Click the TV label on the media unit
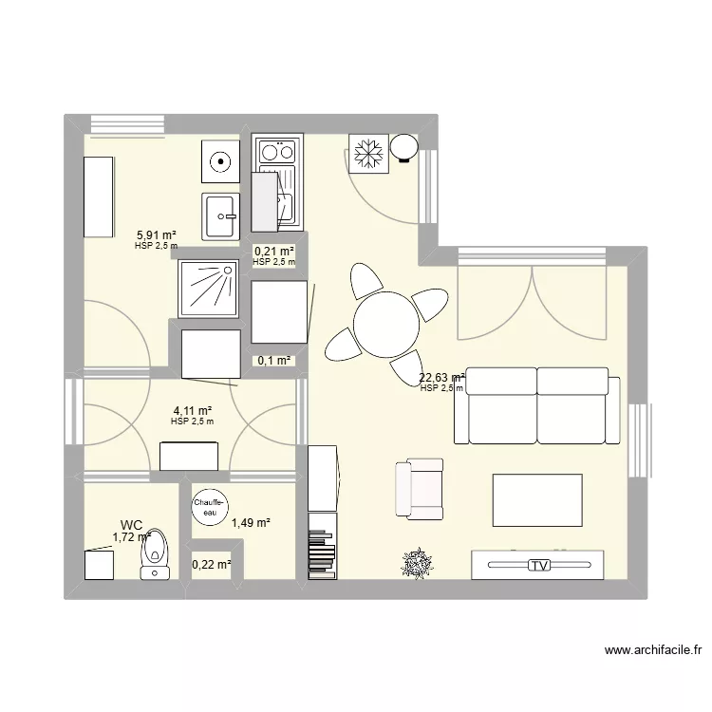pos(540,566)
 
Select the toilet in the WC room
pos(154,554)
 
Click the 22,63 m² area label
pos(441,378)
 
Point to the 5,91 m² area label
pos(157,235)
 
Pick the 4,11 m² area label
pos(192,411)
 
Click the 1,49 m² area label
pos(252,522)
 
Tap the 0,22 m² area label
pos(212,565)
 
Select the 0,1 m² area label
pos(275,361)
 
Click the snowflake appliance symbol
pos(367,154)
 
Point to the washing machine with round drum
pos(220,161)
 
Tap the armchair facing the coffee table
pos(419,488)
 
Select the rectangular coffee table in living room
pos(537,498)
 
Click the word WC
pos(131,525)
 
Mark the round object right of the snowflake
pos(404,147)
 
